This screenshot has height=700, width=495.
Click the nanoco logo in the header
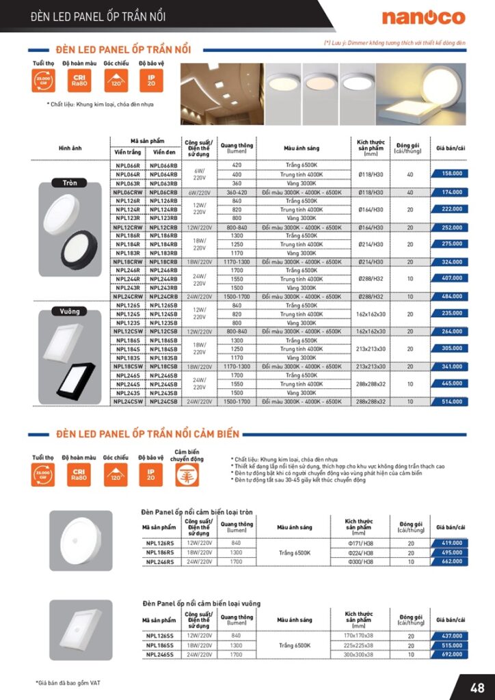423,17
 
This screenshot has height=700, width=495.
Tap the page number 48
477,686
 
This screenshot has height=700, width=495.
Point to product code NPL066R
127,165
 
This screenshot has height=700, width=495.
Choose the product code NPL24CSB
163,402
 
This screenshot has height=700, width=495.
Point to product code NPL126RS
159,543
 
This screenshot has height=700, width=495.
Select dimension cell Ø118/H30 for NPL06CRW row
371,193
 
